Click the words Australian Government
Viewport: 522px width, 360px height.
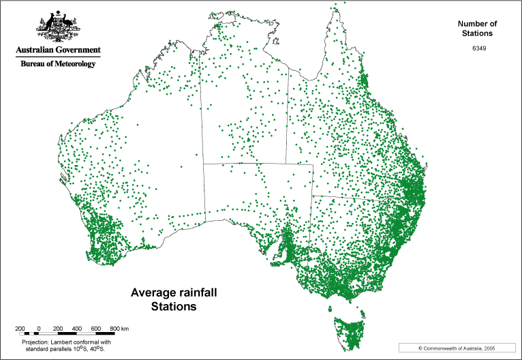pos(59,50)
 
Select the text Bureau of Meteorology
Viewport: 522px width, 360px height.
pos(59,63)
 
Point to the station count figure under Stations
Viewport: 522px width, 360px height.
pos(478,46)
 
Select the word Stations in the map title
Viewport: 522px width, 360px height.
pos(173,307)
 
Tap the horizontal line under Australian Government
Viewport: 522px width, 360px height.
pos(59,56)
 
